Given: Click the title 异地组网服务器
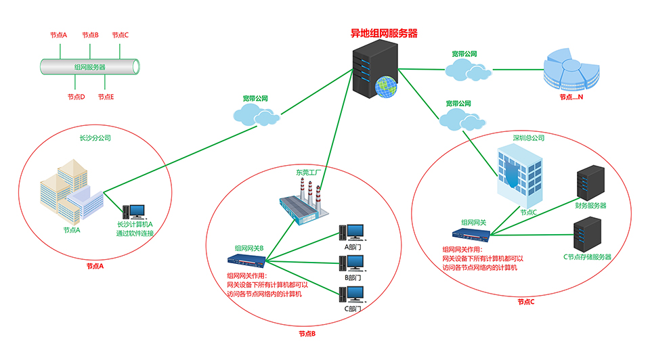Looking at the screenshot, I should [383, 32].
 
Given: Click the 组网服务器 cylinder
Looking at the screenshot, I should [90, 66].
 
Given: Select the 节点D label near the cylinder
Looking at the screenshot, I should [76, 97].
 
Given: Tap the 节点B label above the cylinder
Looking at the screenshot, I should [90, 35].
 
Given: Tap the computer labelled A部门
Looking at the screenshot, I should [353, 233].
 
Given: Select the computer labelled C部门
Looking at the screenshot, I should [353, 294].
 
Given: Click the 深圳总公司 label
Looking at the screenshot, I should [529, 137].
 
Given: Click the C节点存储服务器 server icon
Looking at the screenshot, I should [586, 233].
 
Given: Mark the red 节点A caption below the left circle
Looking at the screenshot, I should [95, 266].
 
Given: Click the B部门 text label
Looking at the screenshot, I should [353, 277].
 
